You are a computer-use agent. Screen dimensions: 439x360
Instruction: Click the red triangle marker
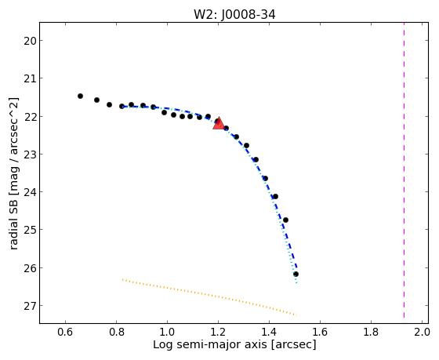[x=219, y=124]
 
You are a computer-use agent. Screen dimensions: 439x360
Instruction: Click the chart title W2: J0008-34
[x=234, y=15]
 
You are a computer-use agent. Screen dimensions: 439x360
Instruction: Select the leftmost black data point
[x=80, y=96]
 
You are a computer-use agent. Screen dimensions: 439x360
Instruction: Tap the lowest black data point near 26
[x=296, y=274]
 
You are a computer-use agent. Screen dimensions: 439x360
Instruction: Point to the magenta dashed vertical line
[x=404, y=170]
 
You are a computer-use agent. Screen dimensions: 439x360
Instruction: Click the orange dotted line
[x=209, y=297]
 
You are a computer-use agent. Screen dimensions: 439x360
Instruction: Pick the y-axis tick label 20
[x=30, y=41]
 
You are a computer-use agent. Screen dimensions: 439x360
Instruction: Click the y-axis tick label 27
[x=30, y=306]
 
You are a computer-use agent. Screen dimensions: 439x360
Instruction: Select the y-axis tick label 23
[x=30, y=155]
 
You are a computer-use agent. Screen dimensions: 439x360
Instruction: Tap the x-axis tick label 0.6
[x=65, y=333]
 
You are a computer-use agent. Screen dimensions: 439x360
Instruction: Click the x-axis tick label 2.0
[x=423, y=333]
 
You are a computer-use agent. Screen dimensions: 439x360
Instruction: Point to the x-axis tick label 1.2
[x=218, y=333]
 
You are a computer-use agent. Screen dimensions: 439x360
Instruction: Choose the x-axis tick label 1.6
[x=320, y=333]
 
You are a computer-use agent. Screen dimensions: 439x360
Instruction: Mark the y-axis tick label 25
[x=30, y=230]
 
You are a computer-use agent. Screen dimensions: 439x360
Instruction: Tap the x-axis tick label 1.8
[x=371, y=333]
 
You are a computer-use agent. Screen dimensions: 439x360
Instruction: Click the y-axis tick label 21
[x=30, y=78]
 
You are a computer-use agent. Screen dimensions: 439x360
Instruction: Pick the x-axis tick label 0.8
[x=116, y=333]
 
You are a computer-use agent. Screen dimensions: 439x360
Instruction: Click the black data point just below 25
[x=285, y=220]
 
